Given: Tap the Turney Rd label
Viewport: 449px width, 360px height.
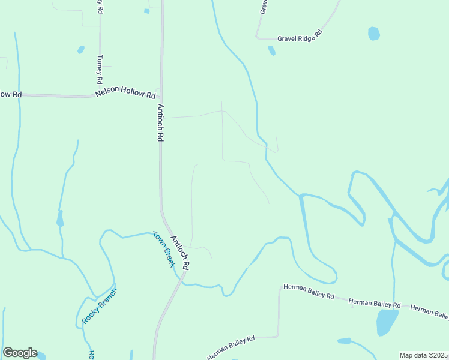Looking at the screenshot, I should tap(100, 69).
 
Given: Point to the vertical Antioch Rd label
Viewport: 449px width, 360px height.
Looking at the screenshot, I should tap(160, 122).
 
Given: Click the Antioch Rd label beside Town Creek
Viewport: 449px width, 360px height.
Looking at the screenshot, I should tap(180, 252).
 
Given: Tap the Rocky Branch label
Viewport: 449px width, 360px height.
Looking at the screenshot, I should tap(99, 306).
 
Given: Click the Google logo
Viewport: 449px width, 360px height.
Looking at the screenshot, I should tap(20, 353).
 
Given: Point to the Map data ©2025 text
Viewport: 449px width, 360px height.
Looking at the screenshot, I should tap(423, 355).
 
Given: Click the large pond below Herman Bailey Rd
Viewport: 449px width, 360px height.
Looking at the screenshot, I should tap(387, 322).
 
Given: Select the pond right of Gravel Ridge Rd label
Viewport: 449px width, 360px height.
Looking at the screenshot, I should tap(373, 33).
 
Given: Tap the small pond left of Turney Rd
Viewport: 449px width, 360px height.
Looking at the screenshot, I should tap(80, 50).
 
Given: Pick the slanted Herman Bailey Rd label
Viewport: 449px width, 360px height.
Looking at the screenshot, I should tap(231, 347).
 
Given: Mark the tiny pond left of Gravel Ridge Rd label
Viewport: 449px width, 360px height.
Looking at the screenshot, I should tap(271, 50).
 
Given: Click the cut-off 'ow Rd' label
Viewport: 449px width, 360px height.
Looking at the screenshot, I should tap(11, 94).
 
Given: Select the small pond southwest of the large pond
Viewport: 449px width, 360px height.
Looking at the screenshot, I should tap(344, 341).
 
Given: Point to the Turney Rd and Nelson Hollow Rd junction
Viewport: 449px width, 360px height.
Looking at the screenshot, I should tap(100, 94).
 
